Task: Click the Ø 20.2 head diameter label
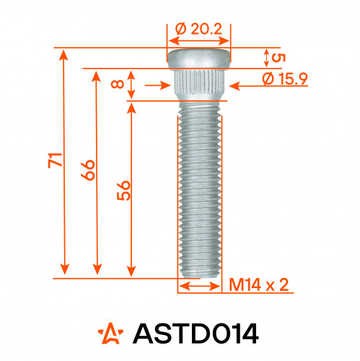click(x=198, y=30)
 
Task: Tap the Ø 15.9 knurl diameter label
click(x=285, y=79)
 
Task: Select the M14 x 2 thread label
click(x=258, y=284)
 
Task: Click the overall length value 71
click(x=56, y=160)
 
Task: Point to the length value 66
click(x=88, y=170)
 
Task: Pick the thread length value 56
click(x=123, y=191)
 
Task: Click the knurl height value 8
click(x=118, y=84)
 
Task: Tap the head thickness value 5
click(x=278, y=58)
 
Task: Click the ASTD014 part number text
click(x=196, y=334)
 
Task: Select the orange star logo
click(x=110, y=334)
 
